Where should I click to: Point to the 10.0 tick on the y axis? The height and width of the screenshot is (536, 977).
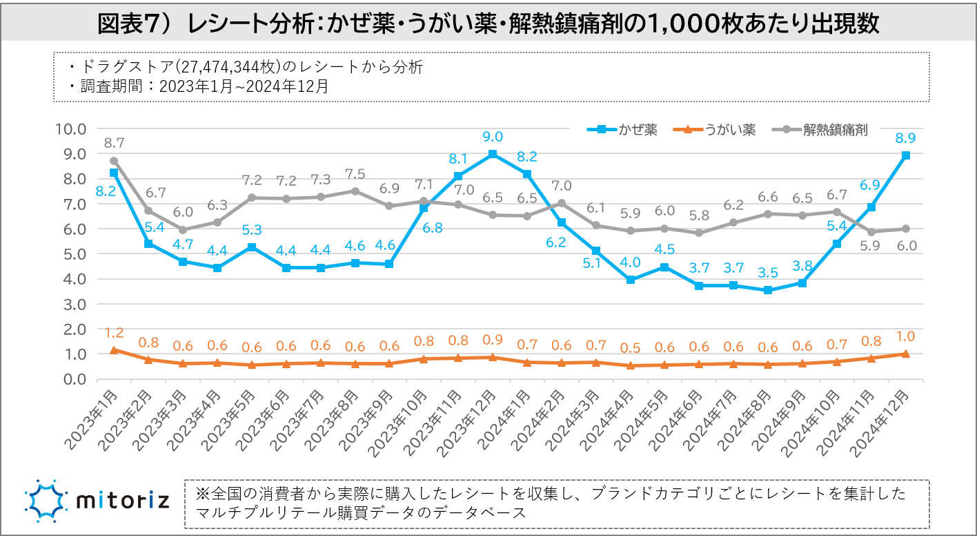click(71, 129)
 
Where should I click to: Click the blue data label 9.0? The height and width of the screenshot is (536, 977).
click(493, 137)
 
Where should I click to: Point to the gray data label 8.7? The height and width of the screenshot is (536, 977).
click(114, 143)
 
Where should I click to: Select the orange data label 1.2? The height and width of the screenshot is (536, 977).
click(114, 333)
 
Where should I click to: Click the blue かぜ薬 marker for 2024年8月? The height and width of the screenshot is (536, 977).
click(768, 290)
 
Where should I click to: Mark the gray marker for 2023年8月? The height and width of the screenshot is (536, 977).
click(355, 191)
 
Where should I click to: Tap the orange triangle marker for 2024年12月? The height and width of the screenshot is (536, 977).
click(906, 354)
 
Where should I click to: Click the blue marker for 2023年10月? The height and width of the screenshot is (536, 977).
click(424, 208)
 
